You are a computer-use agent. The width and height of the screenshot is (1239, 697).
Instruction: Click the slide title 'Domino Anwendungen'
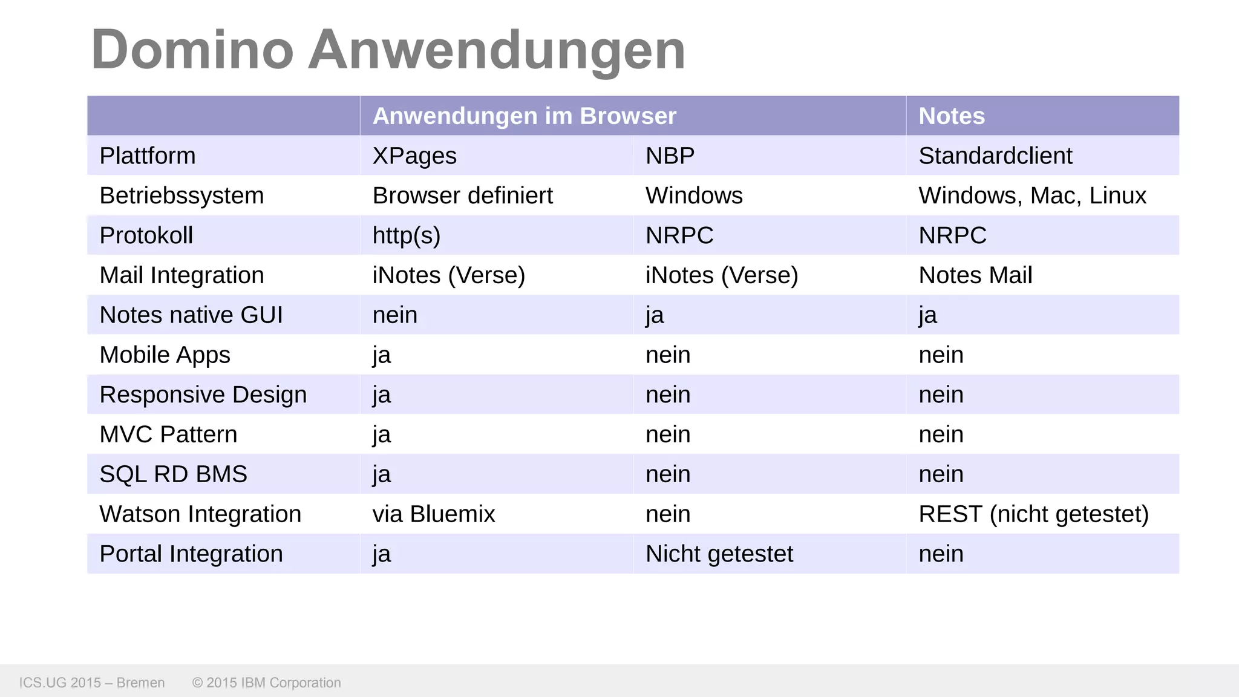point(388,50)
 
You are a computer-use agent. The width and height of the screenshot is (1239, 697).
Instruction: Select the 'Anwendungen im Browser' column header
point(524,116)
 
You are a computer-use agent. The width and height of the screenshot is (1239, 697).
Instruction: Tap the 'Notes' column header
point(952,116)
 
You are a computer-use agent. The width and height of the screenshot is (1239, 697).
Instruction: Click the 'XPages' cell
point(414,156)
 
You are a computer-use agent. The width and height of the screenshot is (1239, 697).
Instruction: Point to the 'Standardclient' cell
point(995,156)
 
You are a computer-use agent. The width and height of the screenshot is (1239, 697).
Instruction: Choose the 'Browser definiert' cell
point(463,196)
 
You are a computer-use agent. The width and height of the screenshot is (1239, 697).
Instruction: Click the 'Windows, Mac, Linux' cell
point(1032,196)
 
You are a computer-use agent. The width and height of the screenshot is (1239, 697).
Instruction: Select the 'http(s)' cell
point(407,235)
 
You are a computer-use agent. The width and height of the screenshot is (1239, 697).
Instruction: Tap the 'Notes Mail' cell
point(975,275)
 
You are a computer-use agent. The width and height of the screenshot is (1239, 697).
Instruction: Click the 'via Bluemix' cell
point(434,514)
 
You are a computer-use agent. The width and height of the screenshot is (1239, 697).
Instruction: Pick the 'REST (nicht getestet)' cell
point(1033,514)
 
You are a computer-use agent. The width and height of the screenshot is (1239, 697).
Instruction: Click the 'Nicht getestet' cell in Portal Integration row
point(719,554)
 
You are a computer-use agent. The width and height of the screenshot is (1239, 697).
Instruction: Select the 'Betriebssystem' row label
point(181,196)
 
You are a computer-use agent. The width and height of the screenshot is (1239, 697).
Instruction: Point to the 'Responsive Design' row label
point(203,394)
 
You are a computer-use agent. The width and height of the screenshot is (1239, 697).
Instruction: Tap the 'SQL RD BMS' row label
point(174,474)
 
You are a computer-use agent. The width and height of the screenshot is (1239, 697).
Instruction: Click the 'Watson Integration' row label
point(200,514)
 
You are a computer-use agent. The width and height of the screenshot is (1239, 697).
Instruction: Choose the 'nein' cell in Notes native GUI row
point(395,315)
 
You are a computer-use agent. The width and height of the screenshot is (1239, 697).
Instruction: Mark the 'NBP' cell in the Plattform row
point(670,156)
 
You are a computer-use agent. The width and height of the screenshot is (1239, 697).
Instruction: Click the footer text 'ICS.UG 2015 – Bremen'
point(92,682)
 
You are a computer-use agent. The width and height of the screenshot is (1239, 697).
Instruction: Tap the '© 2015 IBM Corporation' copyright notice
point(267,682)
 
